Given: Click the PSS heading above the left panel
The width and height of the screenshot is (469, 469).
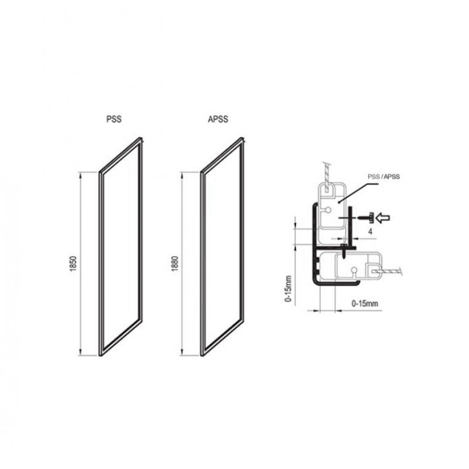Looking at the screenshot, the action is tap(114, 119).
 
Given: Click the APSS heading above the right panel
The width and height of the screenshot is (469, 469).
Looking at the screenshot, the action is tap(218, 119).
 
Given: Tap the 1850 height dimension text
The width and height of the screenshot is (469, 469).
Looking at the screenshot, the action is tap(74, 263).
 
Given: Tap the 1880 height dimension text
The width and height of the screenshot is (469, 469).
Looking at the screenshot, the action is tap(175, 263).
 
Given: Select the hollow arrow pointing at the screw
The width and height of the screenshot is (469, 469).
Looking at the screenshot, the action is tap(383, 217).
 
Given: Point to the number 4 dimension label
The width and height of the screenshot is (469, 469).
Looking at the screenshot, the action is tap(371, 231).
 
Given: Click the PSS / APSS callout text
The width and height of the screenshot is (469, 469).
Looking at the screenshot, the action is tap(383, 177).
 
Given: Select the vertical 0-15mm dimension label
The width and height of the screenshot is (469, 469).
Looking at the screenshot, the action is tap(288, 289).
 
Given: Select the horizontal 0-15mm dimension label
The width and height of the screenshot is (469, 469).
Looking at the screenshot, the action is tap(364, 303).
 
